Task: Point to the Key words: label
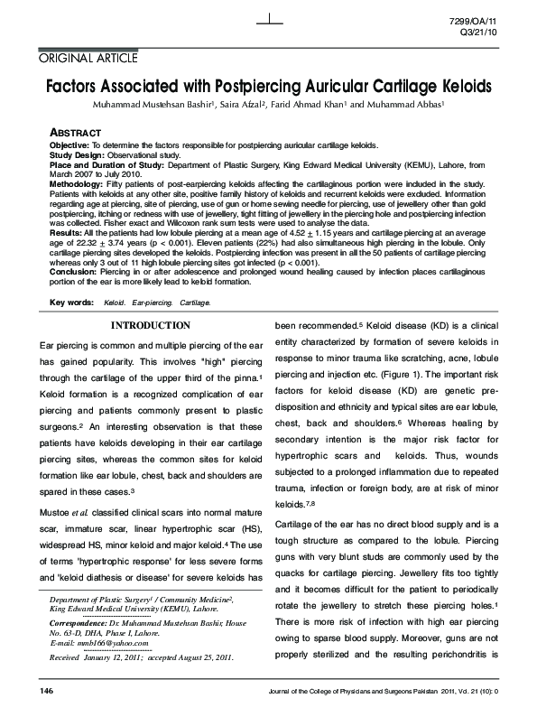tap(70, 302)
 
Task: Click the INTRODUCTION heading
tap(150, 325)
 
